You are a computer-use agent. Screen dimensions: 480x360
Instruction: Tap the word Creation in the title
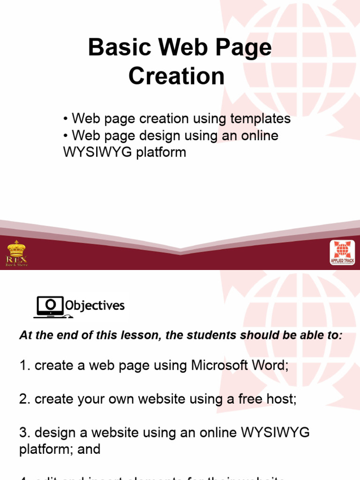(x=177, y=76)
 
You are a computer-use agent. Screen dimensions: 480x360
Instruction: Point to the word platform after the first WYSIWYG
(x=162, y=152)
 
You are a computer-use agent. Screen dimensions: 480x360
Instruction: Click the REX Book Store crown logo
(x=16, y=253)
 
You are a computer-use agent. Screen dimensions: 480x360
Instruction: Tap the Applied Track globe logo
(x=342, y=253)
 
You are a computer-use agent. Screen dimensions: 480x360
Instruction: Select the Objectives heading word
(x=95, y=306)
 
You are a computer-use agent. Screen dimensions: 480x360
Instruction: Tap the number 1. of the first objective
(x=25, y=366)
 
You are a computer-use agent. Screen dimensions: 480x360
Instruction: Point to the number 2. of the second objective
(x=25, y=399)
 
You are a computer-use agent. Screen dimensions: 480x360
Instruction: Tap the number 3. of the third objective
(x=25, y=432)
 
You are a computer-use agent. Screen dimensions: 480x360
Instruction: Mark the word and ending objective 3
(x=89, y=449)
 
